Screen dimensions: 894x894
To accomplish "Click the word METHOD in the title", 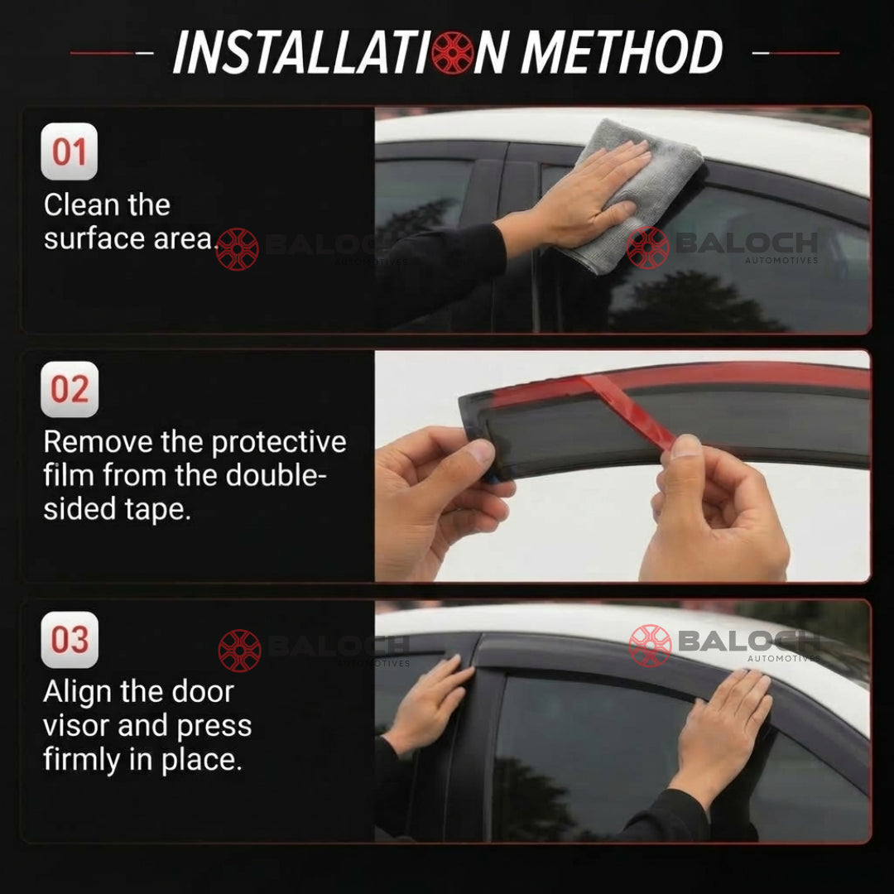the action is pyautogui.click(x=622, y=52).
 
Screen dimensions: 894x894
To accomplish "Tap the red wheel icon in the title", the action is pyautogui.click(x=452, y=52).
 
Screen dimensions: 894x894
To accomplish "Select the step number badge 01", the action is pyautogui.click(x=69, y=151).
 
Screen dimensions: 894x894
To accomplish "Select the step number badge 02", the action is pyautogui.click(x=70, y=389).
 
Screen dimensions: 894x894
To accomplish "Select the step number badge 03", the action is pyautogui.click(x=70, y=640).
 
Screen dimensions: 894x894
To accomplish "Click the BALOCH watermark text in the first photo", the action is pyautogui.click(x=747, y=243).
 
